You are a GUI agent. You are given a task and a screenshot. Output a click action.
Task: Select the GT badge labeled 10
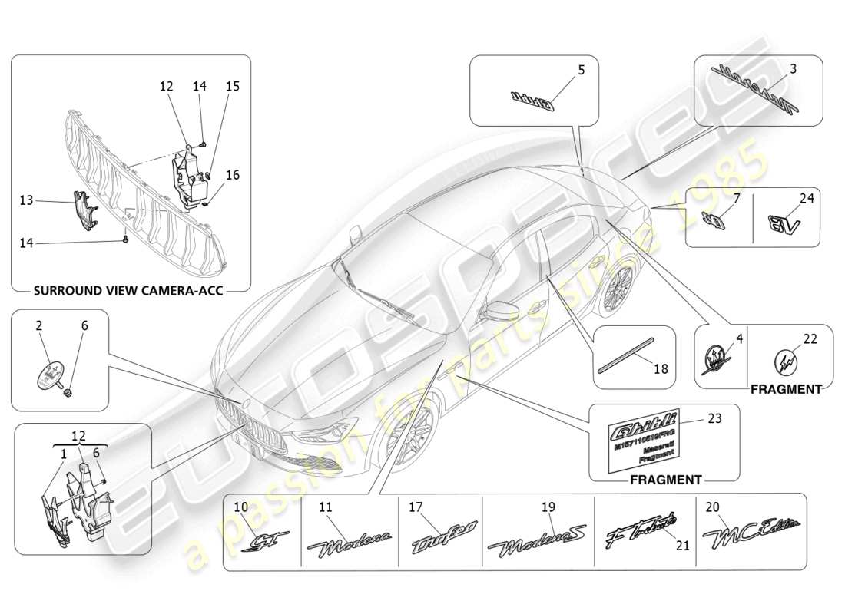pyautogui.click(x=263, y=543)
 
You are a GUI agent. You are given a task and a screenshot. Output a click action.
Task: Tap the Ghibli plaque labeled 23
pyautogui.click(x=644, y=437)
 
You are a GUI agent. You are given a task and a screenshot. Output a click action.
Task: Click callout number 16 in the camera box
pyautogui.click(x=232, y=175)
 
